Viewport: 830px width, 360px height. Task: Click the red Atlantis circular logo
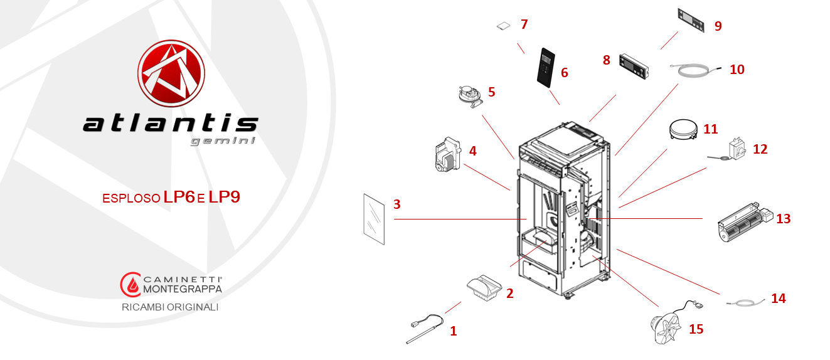(171, 73)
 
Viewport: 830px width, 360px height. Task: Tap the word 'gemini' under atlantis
(223, 141)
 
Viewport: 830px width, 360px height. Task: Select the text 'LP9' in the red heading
(224, 197)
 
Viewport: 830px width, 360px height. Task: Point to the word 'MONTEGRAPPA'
(183, 289)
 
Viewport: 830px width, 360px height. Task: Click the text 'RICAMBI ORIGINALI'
(170, 307)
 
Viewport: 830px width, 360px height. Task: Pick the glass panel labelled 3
(374, 219)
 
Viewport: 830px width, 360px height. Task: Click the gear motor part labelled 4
(447, 154)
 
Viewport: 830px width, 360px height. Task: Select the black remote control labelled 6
(546, 67)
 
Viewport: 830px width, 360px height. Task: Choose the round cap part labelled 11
(683, 129)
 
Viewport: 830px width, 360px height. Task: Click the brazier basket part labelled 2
(484, 287)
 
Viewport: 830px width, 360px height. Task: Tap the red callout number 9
(718, 26)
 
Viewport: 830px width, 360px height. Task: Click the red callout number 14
(779, 298)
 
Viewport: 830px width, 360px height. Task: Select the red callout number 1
(454, 331)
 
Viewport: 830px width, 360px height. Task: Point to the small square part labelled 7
(504, 26)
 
